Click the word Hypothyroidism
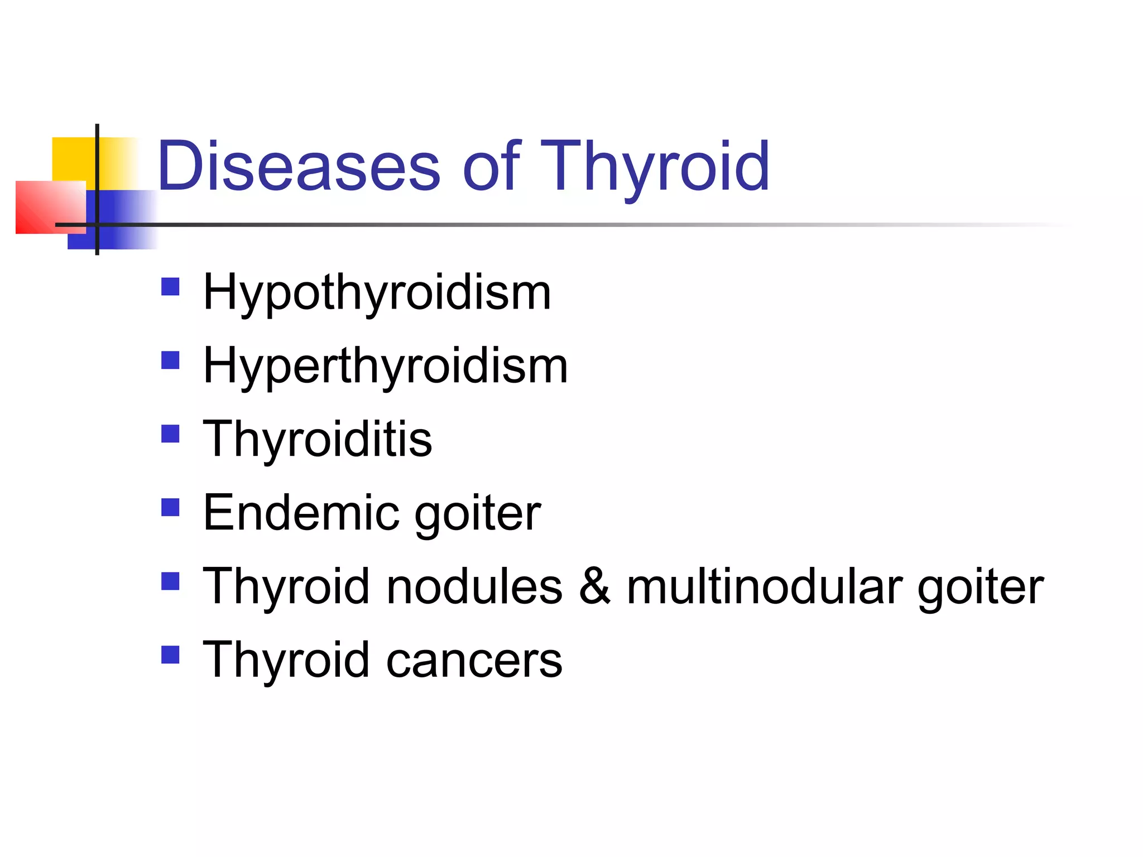click(x=377, y=293)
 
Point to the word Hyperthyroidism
click(x=386, y=367)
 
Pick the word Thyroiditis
click(x=318, y=439)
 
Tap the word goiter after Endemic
click(x=478, y=514)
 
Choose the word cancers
click(x=474, y=661)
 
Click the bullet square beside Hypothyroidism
click(x=170, y=287)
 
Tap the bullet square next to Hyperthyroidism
click(x=170, y=360)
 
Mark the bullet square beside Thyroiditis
click(x=170, y=434)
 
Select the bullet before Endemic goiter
click(x=170, y=507)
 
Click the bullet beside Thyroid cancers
click(x=170, y=654)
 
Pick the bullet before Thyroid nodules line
click(x=170, y=581)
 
